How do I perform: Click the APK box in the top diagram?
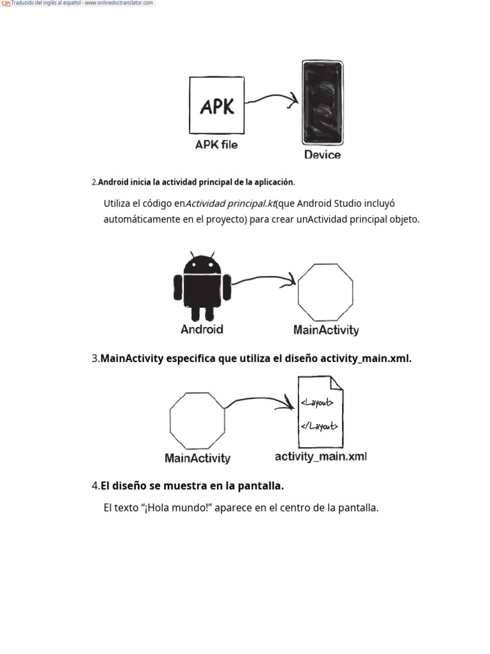click(x=216, y=105)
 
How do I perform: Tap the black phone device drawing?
click(x=322, y=103)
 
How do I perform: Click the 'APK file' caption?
click(x=216, y=145)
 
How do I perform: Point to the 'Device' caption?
click(x=322, y=155)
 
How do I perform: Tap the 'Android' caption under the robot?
click(x=202, y=330)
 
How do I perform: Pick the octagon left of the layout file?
click(x=197, y=420)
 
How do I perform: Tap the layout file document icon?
click(x=320, y=413)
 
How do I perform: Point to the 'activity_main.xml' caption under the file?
click(x=320, y=457)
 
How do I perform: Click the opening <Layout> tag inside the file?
click(x=316, y=402)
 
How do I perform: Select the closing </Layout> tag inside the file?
click(x=318, y=426)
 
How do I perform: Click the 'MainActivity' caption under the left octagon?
click(x=197, y=458)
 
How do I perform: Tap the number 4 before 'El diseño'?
click(x=95, y=486)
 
